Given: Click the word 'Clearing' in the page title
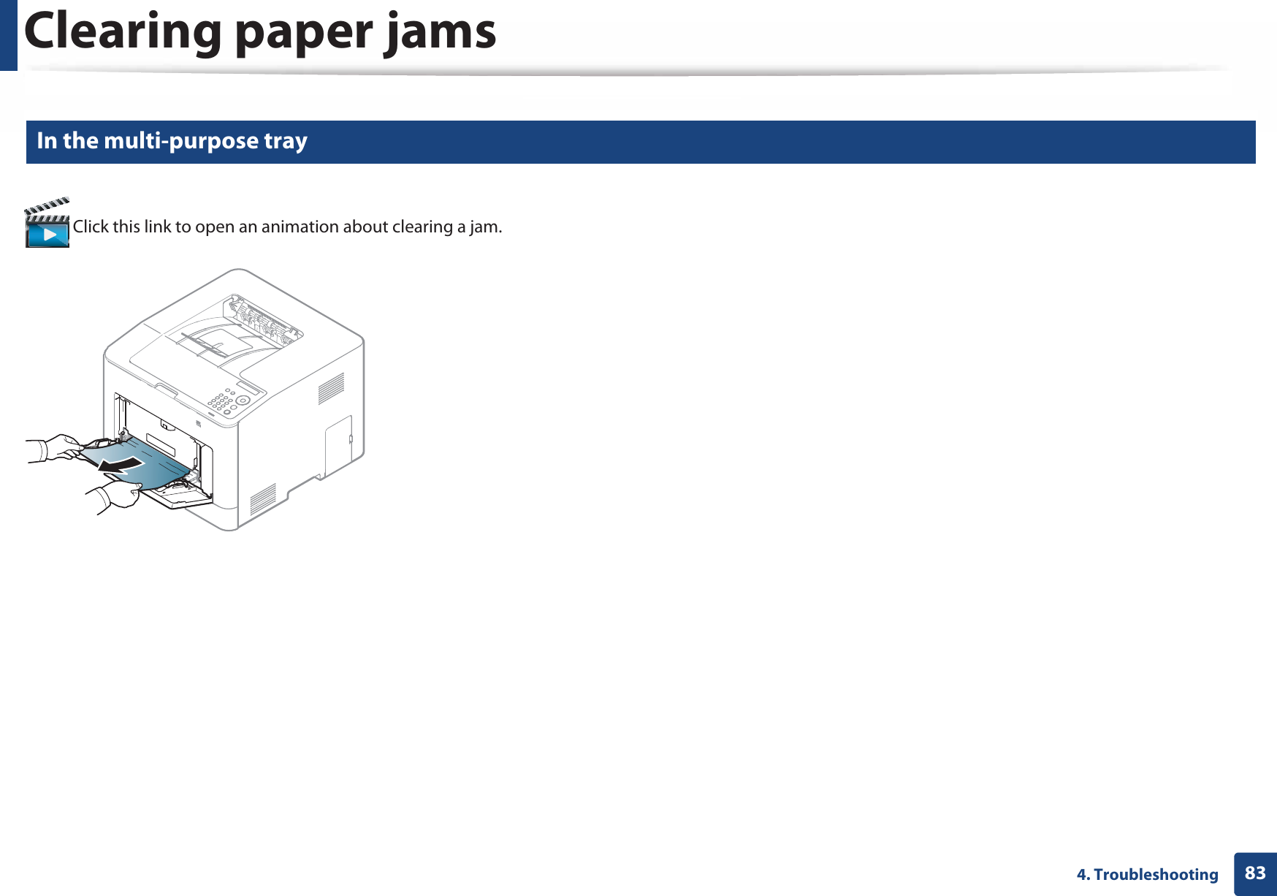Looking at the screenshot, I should pos(123,33).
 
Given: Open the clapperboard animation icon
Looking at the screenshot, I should pos(47,224).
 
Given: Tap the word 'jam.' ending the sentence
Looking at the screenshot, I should pos(485,227).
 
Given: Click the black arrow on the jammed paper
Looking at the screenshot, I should pos(121,465).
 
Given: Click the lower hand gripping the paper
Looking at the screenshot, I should pos(117,496).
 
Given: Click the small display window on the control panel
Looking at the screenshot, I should pos(249,387).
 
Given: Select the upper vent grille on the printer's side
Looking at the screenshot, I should pos(331,388).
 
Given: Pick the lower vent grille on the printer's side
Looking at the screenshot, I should pos(263,499).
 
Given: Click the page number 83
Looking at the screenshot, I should pos(1255,873).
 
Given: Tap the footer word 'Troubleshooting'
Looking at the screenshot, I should pos(1156,874).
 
